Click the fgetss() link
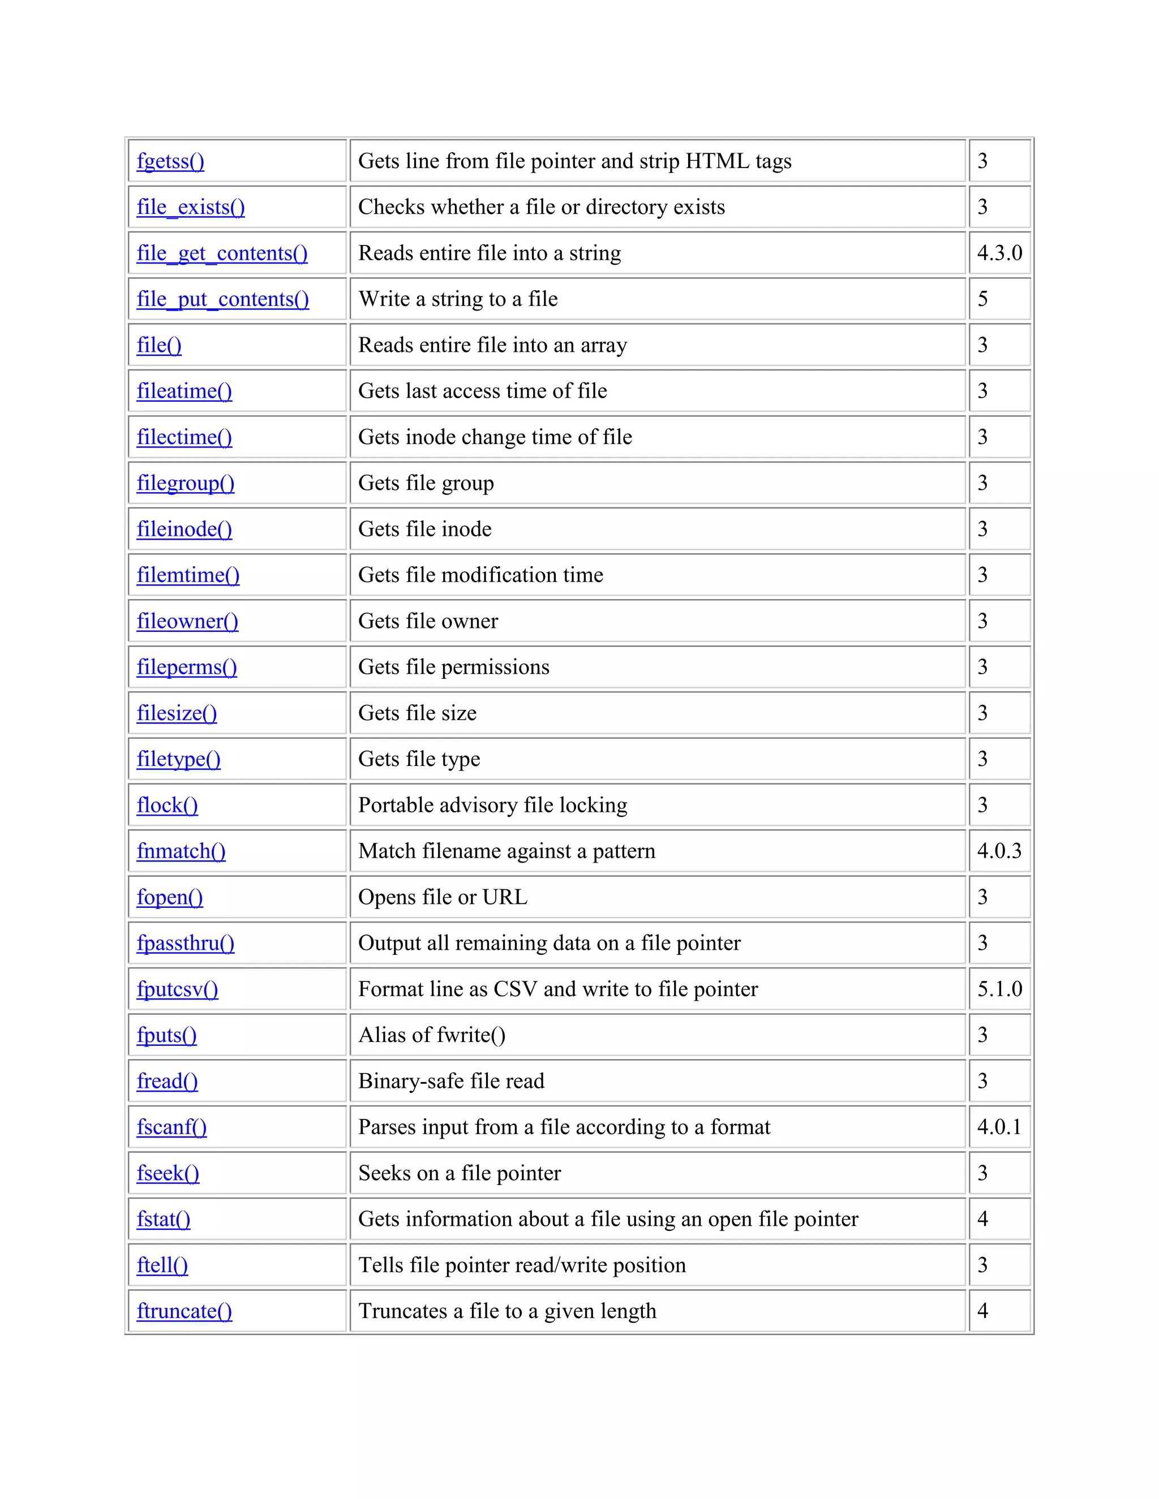[170, 161]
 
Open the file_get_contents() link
[222, 253]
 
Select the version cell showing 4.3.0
[999, 253]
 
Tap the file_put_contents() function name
[222, 299]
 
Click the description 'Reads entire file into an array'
[492, 345]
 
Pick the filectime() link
[184, 437]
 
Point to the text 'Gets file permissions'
[453, 667]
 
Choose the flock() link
[167, 805]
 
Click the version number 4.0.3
[999, 851]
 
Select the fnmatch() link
[181, 851]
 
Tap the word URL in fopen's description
[505, 897]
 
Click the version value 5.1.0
[999, 989]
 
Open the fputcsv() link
[177, 989]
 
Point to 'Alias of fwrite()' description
[431, 1035]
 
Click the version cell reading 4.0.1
[999, 1127]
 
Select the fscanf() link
[171, 1127]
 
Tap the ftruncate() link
[184, 1311]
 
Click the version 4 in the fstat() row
[982, 1219]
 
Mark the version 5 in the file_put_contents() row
[982, 299]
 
